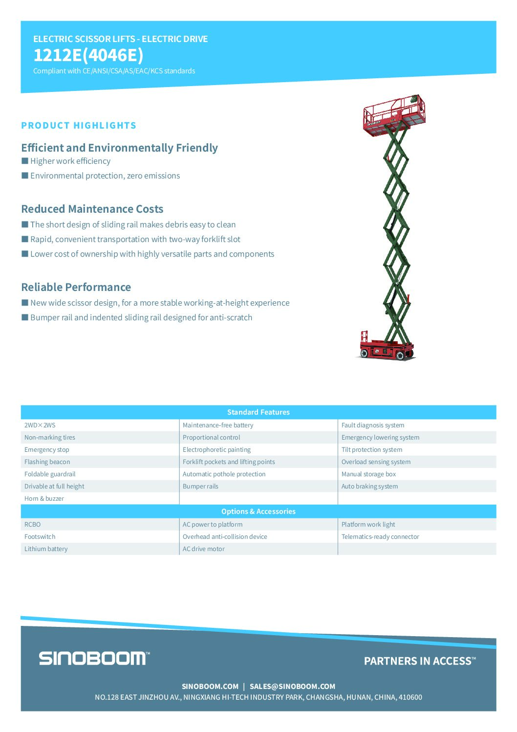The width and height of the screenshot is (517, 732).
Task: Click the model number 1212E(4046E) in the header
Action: pyautogui.click(x=88, y=55)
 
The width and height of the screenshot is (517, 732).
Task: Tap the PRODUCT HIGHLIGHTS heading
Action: pyautogui.click(x=79, y=126)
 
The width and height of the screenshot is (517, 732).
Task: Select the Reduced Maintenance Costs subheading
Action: pyautogui.click(x=92, y=209)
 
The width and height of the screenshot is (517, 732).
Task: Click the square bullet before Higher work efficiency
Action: pyautogui.click(x=25, y=161)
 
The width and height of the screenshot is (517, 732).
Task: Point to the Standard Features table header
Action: pyautogui.click(x=258, y=412)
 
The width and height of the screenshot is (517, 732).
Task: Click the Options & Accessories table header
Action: pyautogui.click(x=258, y=511)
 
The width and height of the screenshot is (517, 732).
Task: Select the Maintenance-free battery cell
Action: pyautogui.click(x=218, y=425)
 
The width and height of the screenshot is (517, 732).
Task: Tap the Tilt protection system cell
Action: pyautogui.click(x=372, y=450)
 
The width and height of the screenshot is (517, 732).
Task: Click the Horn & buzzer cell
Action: pyautogui.click(x=44, y=499)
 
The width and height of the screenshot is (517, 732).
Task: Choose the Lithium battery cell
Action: pyautogui.click(x=46, y=549)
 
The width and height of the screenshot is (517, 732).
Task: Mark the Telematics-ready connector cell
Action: pyautogui.click(x=380, y=537)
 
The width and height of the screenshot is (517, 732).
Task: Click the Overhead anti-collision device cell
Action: pyautogui.click(x=225, y=537)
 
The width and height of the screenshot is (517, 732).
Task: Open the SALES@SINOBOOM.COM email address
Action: pyautogui.click(x=292, y=687)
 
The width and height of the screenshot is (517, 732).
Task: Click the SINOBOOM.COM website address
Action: pyautogui.click(x=210, y=687)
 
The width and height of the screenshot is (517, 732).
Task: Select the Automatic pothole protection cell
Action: pyautogui.click(x=224, y=474)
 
